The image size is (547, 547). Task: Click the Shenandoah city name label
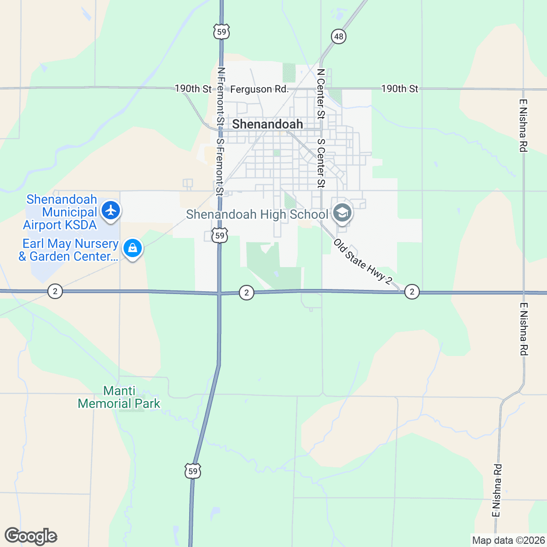point(268,124)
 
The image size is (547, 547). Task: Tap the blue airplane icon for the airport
point(111,211)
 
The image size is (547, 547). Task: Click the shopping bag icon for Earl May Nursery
point(132,248)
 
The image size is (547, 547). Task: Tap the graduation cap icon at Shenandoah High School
point(342,213)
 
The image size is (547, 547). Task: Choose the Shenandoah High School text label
point(257,214)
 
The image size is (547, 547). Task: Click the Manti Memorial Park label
point(119,397)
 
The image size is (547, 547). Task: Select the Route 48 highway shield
point(339,36)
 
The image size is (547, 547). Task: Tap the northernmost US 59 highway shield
point(221,31)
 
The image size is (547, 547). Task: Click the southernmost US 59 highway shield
point(193,471)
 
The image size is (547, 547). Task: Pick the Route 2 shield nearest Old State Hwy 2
point(412,292)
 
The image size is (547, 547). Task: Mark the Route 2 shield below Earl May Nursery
point(55,291)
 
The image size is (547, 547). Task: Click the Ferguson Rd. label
point(259,89)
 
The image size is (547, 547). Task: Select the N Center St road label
point(321,94)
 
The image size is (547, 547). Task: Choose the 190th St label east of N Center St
point(400,89)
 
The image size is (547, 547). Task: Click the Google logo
point(31,537)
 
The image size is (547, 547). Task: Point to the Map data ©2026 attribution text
point(508,541)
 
